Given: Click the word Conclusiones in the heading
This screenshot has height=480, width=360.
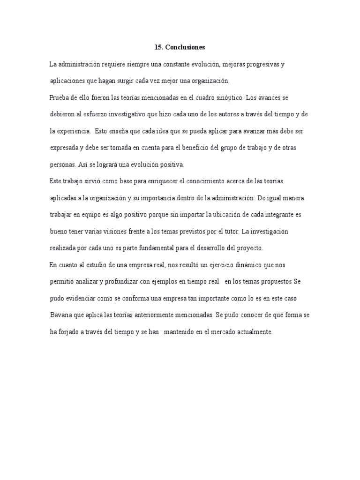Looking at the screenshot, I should pos(185,47).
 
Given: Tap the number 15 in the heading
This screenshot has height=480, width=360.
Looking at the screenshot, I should pos(158,47).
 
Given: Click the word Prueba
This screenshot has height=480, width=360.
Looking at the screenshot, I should pos(60,97).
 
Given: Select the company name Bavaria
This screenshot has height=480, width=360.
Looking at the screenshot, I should pos(61,315).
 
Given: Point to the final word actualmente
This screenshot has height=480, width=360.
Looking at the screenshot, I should pos(250,332).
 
